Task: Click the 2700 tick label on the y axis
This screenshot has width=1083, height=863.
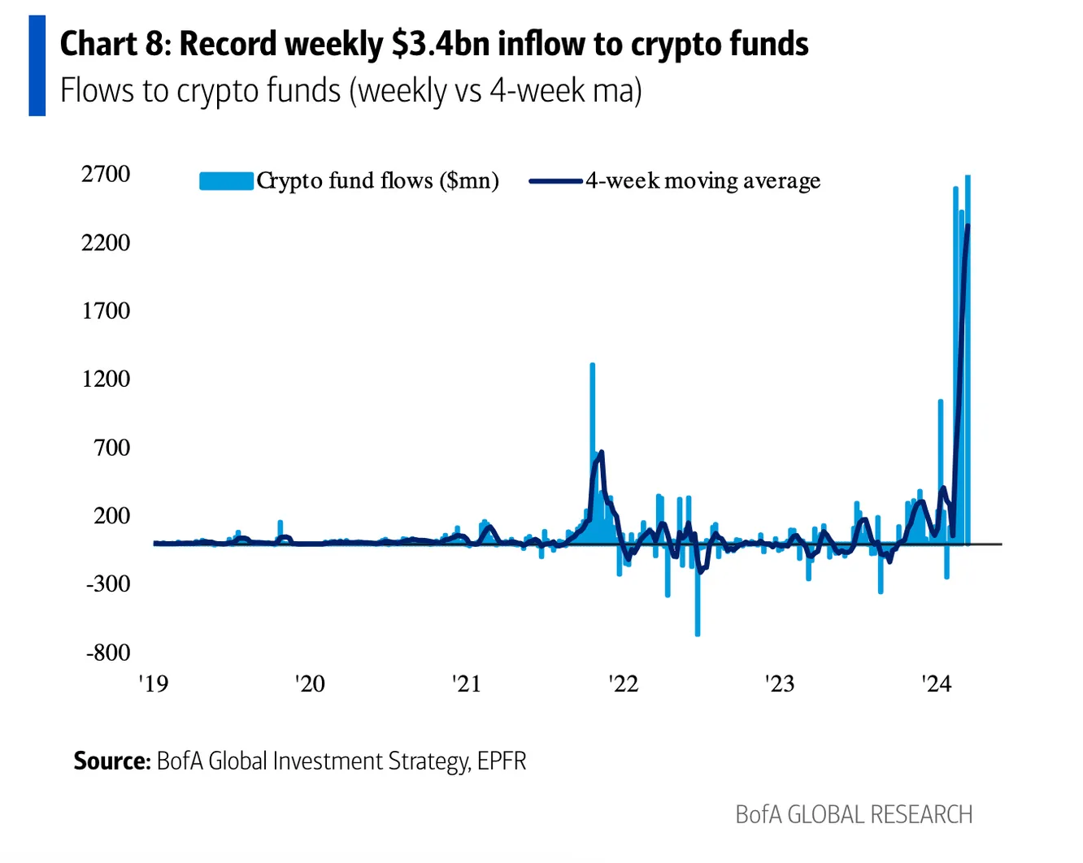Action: tap(106, 174)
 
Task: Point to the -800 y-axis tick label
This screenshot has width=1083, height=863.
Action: tap(108, 653)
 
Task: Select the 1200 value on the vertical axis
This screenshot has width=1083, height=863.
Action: tap(106, 379)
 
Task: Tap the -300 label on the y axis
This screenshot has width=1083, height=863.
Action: tap(108, 583)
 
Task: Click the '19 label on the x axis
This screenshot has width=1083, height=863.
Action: tap(153, 683)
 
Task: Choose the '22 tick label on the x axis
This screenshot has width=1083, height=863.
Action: tap(623, 683)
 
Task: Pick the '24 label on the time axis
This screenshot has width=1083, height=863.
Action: tap(936, 683)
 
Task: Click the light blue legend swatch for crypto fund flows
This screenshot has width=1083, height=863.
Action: tap(226, 180)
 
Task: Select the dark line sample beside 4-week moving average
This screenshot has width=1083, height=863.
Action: tap(555, 180)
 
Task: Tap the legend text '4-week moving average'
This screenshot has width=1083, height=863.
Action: tap(702, 180)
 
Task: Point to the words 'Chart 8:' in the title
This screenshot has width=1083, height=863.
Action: tap(115, 44)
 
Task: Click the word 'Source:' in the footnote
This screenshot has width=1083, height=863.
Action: tap(112, 761)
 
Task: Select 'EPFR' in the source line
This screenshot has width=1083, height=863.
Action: tap(502, 761)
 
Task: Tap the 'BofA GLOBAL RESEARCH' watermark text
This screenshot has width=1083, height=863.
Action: tap(854, 814)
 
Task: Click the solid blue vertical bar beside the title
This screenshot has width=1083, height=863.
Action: tap(37, 66)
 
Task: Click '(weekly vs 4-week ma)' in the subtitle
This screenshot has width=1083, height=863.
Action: tap(496, 90)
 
